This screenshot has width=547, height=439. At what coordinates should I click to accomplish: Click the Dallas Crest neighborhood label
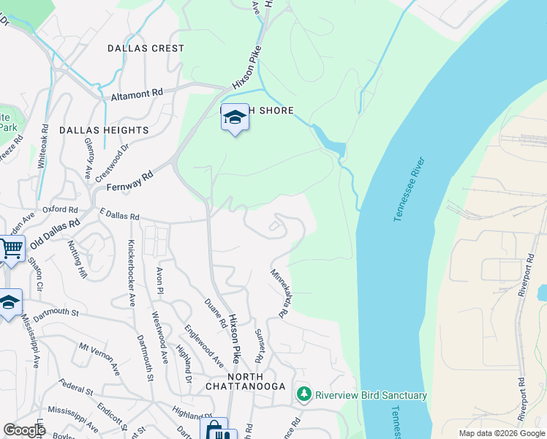click(146, 48)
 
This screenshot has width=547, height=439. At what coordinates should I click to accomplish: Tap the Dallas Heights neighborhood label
click(104, 130)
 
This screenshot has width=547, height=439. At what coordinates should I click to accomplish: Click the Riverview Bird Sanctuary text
click(371, 395)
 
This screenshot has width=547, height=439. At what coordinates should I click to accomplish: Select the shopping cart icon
click(11, 249)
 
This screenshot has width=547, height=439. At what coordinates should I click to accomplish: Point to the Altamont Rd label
click(137, 95)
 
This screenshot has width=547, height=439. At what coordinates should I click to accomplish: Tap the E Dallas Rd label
click(118, 217)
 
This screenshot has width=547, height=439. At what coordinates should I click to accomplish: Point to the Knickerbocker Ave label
click(132, 272)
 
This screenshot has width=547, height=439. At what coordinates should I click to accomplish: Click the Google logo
click(24, 430)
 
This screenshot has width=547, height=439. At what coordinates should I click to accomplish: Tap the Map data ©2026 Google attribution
click(501, 433)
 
